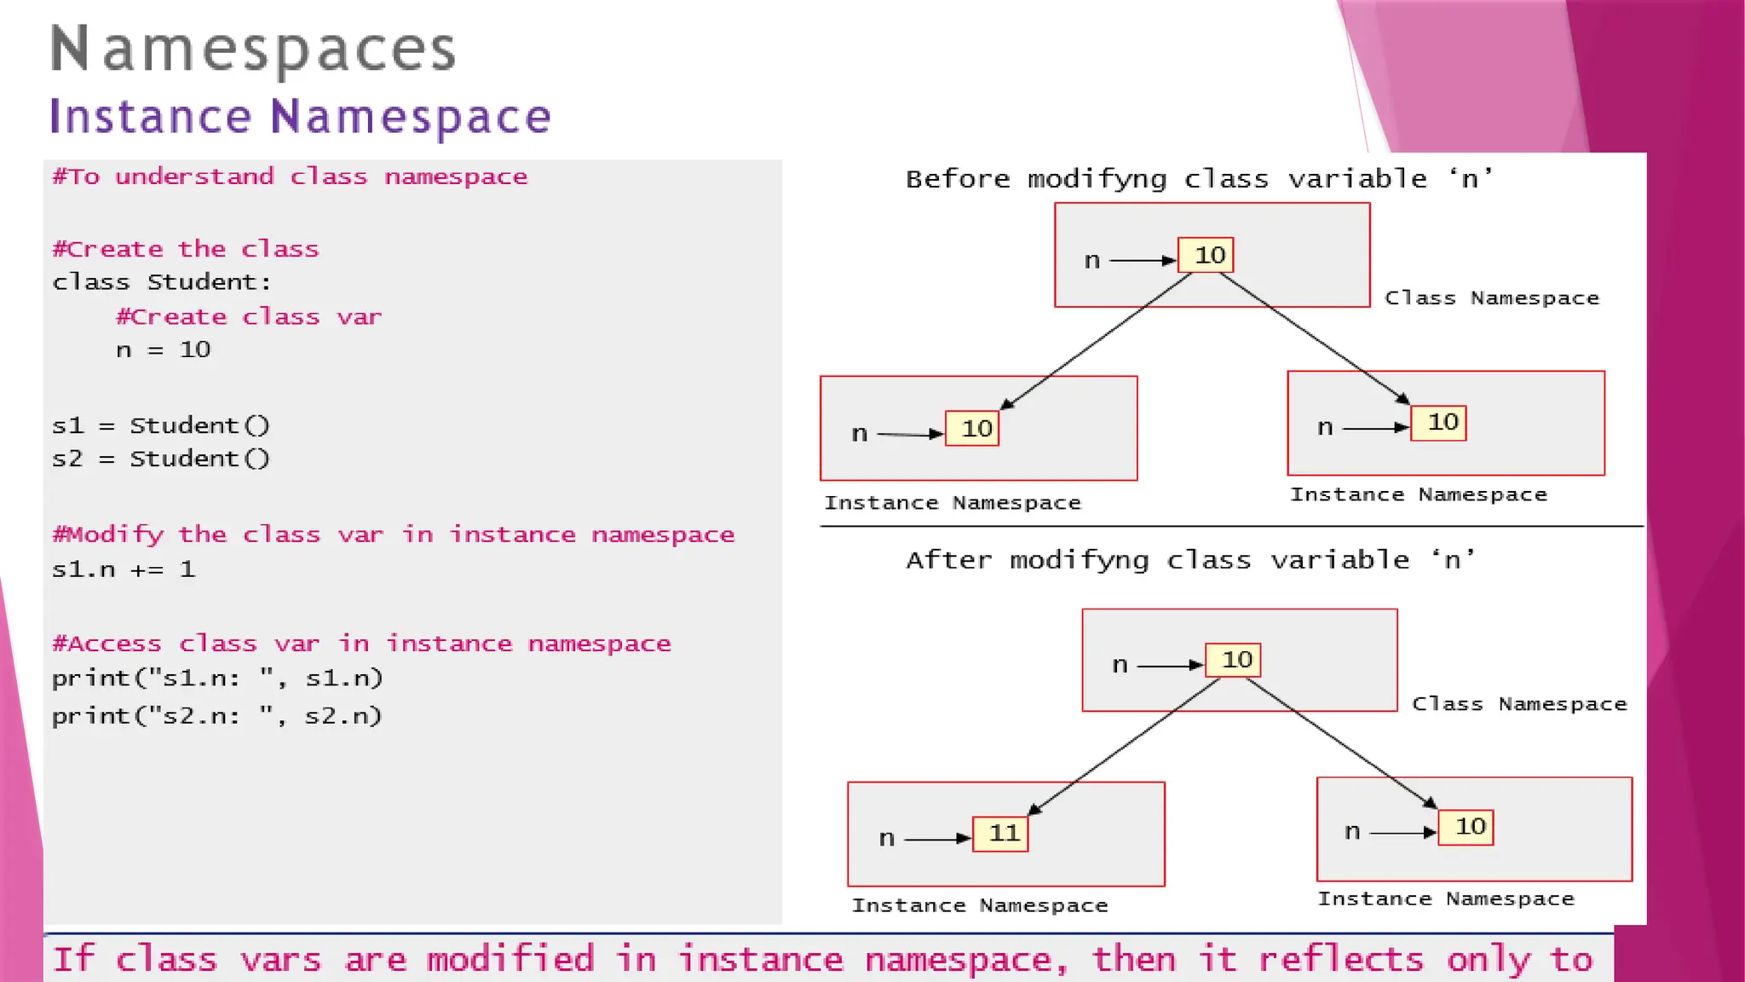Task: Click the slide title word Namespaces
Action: tap(253, 49)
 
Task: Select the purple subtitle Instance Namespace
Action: tap(300, 117)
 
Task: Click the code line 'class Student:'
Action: tap(161, 282)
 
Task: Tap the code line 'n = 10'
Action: tap(163, 349)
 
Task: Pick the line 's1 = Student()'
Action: tap(160, 425)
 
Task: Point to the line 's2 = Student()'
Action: tap(160, 459)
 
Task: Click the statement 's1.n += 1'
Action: tap(124, 569)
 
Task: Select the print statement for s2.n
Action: tap(216, 716)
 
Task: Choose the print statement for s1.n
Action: tap(216, 679)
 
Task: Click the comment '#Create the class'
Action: tap(185, 249)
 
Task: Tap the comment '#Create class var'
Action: tap(249, 317)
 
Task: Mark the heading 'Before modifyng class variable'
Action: tap(1199, 179)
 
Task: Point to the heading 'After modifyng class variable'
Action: tap(1190, 560)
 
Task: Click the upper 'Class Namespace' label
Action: tap(1491, 298)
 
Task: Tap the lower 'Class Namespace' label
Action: tap(1519, 704)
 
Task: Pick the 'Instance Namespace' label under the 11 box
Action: tap(980, 905)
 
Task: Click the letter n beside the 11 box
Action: tap(887, 839)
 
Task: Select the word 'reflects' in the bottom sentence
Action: tap(1340, 960)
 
